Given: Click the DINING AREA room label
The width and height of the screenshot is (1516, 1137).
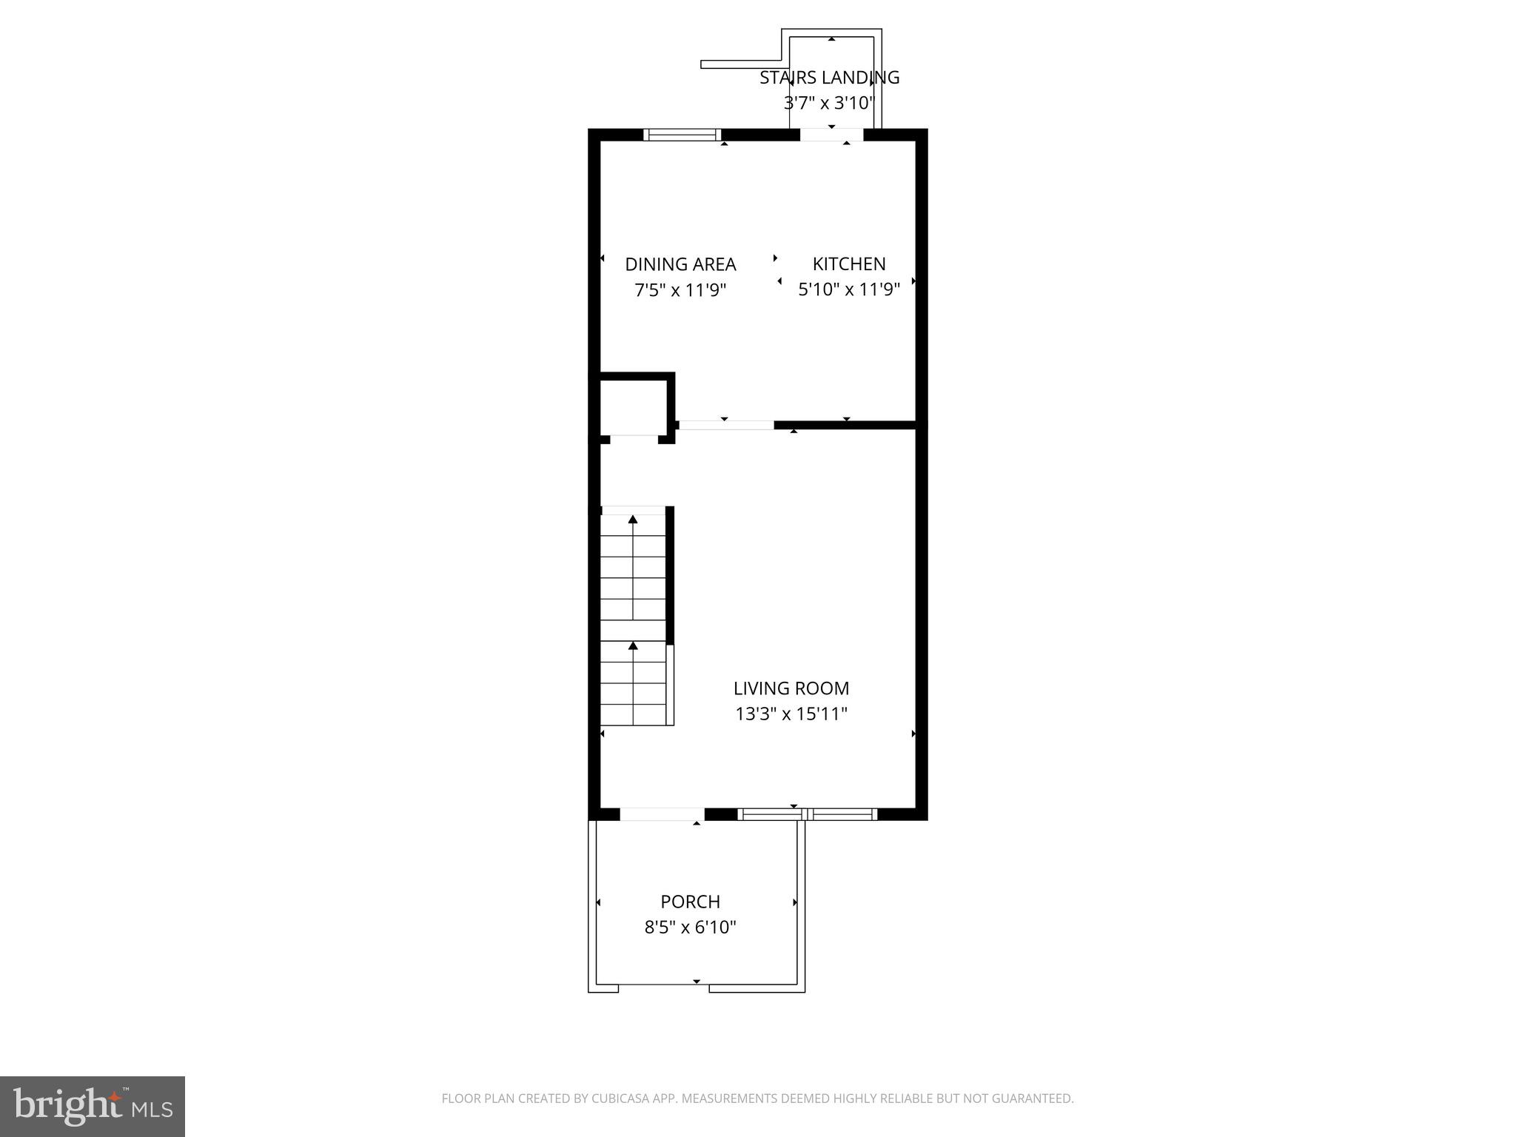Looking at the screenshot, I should (x=680, y=264).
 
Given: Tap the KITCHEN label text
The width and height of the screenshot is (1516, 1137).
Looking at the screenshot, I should (x=848, y=264).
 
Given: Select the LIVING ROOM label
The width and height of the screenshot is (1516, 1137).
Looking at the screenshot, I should (x=791, y=688).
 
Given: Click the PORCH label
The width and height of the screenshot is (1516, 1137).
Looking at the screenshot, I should (x=690, y=902).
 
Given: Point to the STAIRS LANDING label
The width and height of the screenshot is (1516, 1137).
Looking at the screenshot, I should (x=829, y=78).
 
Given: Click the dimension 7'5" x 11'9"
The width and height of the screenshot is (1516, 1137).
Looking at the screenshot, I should (x=680, y=290).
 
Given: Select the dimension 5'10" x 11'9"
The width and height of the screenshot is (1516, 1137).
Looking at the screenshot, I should (x=848, y=289).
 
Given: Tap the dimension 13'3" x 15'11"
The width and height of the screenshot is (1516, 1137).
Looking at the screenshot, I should (x=791, y=714).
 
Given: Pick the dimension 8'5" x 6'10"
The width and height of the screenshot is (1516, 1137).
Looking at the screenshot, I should (x=690, y=928).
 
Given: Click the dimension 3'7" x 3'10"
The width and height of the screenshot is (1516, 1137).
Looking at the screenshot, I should (x=829, y=103).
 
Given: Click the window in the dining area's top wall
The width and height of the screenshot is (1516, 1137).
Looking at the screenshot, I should (x=682, y=135).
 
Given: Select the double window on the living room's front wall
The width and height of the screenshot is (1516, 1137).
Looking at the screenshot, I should (x=808, y=814).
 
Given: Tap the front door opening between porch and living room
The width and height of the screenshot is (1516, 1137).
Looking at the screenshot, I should (x=661, y=814).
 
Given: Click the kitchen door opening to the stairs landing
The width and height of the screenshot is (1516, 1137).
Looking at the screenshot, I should (x=831, y=135).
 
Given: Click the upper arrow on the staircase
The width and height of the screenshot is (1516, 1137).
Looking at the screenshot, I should (x=633, y=520).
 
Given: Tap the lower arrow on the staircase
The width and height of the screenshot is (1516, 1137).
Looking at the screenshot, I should (x=633, y=646).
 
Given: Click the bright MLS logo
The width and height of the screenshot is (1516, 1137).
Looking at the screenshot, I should (x=92, y=1106).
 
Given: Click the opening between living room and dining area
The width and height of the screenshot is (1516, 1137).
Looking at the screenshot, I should (x=725, y=425).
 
